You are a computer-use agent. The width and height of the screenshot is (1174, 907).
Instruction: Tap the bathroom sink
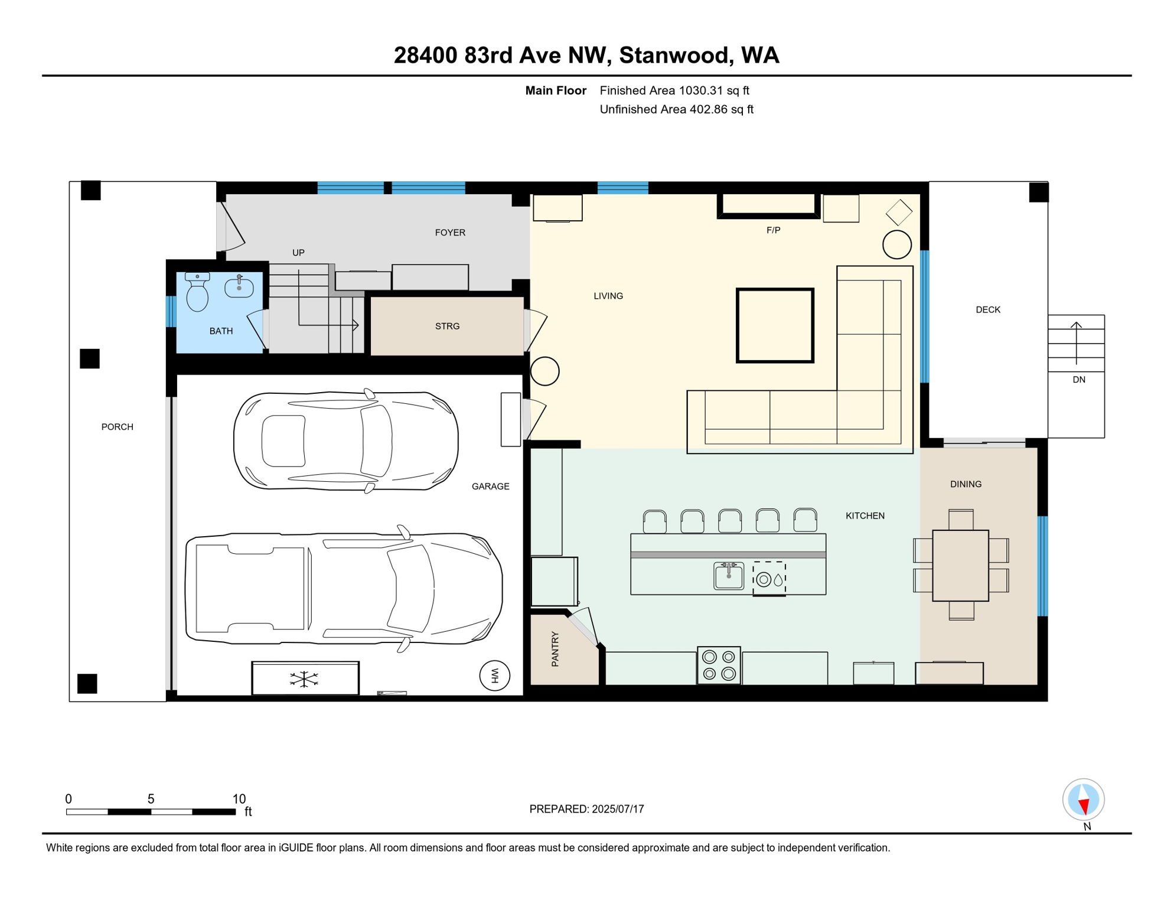click(x=239, y=287)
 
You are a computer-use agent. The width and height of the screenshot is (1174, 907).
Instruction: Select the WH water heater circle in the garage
click(x=495, y=676)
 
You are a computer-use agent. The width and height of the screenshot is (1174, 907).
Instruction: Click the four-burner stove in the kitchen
click(x=719, y=665)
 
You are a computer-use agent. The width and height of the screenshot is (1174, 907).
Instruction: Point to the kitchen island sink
click(x=729, y=576)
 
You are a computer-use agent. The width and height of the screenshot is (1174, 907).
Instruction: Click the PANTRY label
click(x=555, y=649)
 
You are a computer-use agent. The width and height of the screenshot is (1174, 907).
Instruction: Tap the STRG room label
click(x=447, y=326)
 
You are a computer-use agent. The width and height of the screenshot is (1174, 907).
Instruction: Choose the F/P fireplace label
click(x=774, y=230)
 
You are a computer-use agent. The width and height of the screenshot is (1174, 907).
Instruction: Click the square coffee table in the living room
click(x=775, y=325)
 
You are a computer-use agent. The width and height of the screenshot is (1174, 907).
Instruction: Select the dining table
click(x=961, y=566)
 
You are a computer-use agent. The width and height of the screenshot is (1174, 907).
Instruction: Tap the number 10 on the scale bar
click(x=239, y=799)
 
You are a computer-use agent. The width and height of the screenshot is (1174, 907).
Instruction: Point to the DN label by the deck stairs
click(x=1079, y=380)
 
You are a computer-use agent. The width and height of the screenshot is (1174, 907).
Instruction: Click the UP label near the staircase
click(x=299, y=253)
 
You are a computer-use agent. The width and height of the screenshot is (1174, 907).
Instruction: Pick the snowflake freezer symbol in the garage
click(x=304, y=679)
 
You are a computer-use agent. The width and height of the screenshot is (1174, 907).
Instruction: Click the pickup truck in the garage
click(x=344, y=588)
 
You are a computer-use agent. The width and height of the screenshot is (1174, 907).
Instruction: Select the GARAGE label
click(x=491, y=487)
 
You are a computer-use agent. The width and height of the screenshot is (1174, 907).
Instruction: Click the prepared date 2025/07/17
click(x=618, y=809)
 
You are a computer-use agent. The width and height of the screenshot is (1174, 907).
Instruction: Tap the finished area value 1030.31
click(x=701, y=90)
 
